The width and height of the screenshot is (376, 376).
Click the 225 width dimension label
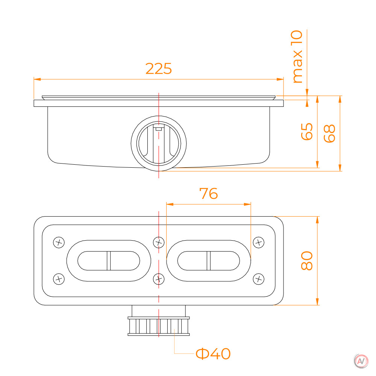(159, 68)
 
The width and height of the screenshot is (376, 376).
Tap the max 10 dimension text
(297, 57)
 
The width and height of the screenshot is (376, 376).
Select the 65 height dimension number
(307, 131)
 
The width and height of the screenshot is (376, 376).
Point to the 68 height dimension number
(329, 133)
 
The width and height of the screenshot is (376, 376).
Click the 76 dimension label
(209, 194)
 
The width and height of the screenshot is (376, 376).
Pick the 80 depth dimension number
(307, 261)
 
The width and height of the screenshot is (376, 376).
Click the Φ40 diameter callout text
(213, 354)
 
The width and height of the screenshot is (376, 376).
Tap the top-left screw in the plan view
(59, 242)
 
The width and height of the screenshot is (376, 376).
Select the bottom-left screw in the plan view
(59, 279)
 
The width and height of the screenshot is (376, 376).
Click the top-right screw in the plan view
(259, 242)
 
